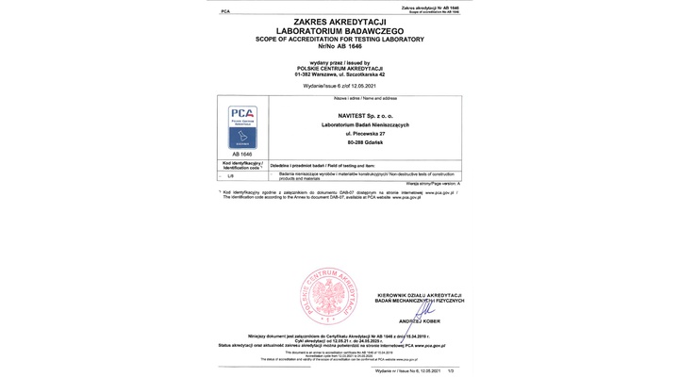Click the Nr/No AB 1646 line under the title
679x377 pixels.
[x=339, y=45]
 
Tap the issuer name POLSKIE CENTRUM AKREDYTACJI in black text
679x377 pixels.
[x=339, y=67]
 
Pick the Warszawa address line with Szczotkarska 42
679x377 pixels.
[x=339, y=74]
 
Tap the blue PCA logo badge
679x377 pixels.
[x=242, y=126]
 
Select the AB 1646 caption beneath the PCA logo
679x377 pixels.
[x=242, y=153]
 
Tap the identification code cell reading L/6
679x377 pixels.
[x=231, y=175]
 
